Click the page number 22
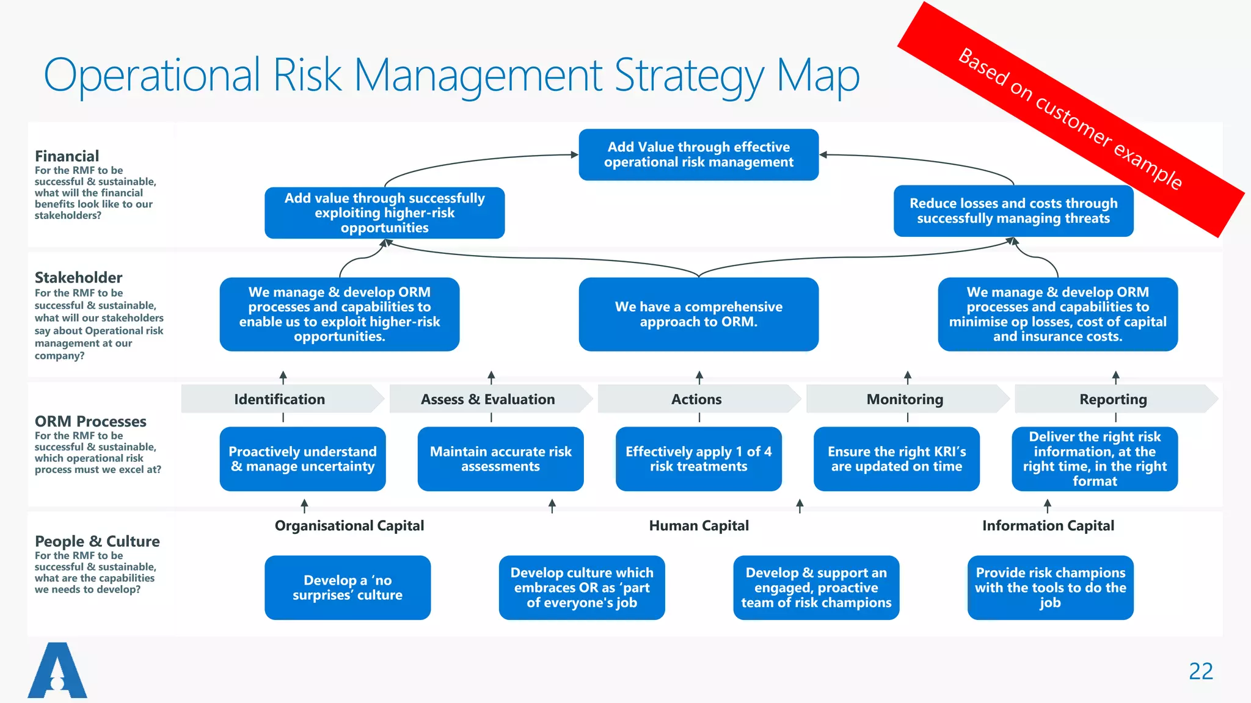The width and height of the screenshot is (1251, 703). pos(1200,671)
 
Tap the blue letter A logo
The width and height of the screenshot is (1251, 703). pos(57,671)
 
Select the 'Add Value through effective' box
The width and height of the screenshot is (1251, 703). pos(698,154)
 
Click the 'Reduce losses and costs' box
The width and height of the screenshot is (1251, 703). pos(1013,211)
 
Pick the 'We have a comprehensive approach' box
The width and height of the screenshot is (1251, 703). pos(698,314)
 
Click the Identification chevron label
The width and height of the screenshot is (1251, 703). pos(280,399)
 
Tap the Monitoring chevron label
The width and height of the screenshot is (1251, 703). pos(905,399)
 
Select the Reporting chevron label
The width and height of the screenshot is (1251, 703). pos(1113,399)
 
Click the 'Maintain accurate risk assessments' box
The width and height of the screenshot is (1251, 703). pos(500,459)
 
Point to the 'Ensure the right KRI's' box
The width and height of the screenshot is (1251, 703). pos(896,459)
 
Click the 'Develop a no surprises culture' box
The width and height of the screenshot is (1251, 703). pos(347,588)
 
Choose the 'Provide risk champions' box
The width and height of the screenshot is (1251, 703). pos(1050,588)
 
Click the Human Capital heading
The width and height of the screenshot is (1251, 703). pos(698,525)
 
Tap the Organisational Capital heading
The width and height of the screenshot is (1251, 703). pos(349,525)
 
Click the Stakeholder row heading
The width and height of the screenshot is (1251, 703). pos(78,278)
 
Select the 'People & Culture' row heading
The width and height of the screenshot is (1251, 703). pos(97,541)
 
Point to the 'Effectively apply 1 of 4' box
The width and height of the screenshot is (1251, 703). pos(698,459)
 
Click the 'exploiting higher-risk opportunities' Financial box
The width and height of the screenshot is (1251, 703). pos(384,213)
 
